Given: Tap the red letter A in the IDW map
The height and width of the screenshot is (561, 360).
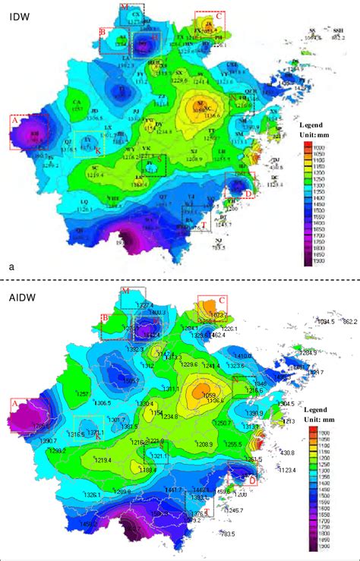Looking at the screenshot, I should [x=14, y=119].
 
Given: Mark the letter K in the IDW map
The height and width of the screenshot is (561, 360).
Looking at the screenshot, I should [x=97, y=151].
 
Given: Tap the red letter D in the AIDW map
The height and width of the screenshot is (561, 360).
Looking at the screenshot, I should [x=252, y=479].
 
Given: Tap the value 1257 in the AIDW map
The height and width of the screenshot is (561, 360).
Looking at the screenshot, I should [x=83, y=394].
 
